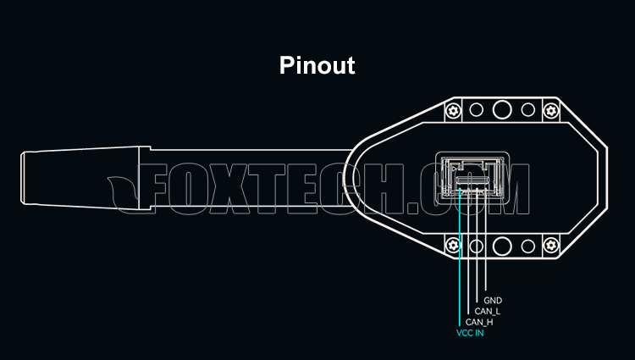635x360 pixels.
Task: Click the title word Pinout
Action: tap(317, 65)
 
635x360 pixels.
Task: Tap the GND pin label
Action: tap(493, 301)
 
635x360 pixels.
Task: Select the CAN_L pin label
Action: tap(487, 311)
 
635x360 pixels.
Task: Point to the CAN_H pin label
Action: tap(479, 322)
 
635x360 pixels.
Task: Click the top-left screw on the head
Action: tap(455, 110)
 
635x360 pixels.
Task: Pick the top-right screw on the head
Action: tap(550, 110)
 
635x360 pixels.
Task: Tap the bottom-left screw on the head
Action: tap(455, 246)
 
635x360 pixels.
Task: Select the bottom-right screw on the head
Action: tap(550, 246)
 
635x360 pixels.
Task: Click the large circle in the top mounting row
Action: tap(503, 109)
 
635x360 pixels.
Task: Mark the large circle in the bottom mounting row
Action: tap(503, 246)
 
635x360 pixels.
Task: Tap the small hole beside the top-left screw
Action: tap(477, 110)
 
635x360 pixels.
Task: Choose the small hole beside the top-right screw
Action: tap(528, 110)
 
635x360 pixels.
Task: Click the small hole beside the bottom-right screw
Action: tap(528, 246)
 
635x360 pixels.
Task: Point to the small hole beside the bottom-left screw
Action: tap(477, 246)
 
